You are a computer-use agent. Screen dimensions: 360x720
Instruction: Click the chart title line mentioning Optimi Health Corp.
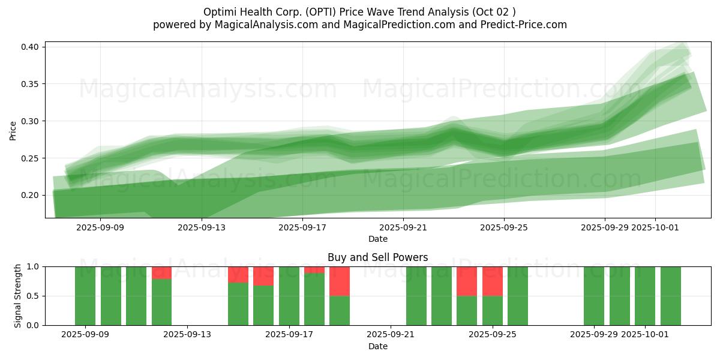click(x=359, y=12)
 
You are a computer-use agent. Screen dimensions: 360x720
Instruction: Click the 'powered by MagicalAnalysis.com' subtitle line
click(x=359, y=25)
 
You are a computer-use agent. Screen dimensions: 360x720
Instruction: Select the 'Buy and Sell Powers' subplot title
click(x=377, y=257)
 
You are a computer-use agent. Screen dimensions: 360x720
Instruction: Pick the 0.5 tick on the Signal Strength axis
click(x=34, y=296)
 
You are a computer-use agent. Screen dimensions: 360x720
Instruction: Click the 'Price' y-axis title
click(x=13, y=130)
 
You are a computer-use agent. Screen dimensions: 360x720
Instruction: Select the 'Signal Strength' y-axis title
click(x=17, y=296)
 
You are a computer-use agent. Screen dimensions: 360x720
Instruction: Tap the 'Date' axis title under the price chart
click(x=377, y=239)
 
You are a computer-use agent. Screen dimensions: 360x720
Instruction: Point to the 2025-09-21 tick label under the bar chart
click(x=391, y=335)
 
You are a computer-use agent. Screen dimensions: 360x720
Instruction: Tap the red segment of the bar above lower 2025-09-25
click(x=493, y=281)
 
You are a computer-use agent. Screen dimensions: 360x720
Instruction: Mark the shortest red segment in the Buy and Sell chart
click(x=314, y=270)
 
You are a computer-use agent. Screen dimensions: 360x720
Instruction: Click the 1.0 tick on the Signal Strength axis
click(x=34, y=266)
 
